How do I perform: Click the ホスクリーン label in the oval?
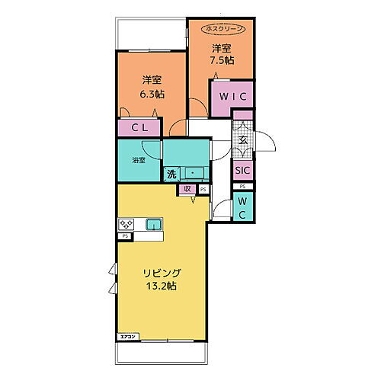[x=223, y=28]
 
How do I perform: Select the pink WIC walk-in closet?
[x=232, y=98]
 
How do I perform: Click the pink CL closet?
[x=139, y=129]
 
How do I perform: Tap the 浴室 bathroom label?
[x=138, y=160]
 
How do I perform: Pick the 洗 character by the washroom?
[x=172, y=174]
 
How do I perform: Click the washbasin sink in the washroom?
[x=195, y=174]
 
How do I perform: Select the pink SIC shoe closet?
[x=242, y=171]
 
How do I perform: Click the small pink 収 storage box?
[x=187, y=189]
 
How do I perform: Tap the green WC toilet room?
[x=242, y=207]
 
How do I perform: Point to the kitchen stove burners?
[x=126, y=225]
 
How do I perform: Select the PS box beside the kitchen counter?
[x=124, y=236]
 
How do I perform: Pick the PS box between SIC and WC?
[x=242, y=187]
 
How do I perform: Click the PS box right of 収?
[x=203, y=188]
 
